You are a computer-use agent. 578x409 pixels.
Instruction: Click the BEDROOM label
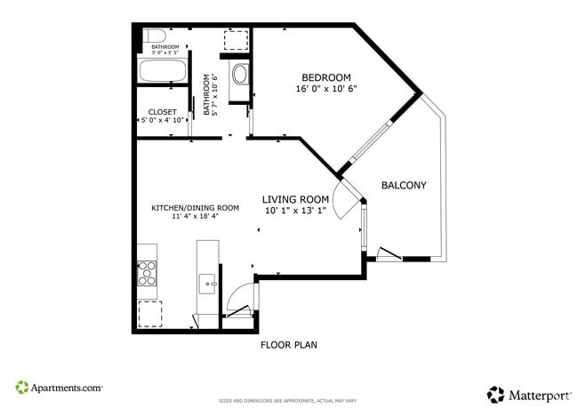pyautogui.click(x=325, y=76)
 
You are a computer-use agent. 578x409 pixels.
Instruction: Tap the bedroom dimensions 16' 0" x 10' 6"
pyautogui.click(x=325, y=89)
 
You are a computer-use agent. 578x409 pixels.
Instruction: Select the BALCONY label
pyautogui.click(x=404, y=186)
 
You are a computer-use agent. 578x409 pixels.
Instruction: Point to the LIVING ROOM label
pyautogui.click(x=295, y=199)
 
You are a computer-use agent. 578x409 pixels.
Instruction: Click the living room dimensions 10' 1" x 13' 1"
pyautogui.click(x=295, y=211)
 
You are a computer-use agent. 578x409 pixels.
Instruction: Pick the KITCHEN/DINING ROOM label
pyautogui.click(x=195, y=207)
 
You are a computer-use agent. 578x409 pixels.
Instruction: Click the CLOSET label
pyautogui.click(x=161, y=111)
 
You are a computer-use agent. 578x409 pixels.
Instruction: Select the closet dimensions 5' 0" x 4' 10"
pyautogui.click(x=161, y=120)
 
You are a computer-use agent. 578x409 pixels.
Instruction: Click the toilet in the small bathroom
pyautogui.click(x=144, y=38)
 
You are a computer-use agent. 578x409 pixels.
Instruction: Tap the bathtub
pyautogui.click(x=163, y=71)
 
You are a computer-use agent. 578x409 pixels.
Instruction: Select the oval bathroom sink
pyautogui.click(x=240, y=75)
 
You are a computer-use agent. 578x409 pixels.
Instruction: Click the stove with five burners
pyautogui.click(x=148, y=272)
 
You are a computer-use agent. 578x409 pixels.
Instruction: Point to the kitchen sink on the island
pyautogui.click(x=207, y=285)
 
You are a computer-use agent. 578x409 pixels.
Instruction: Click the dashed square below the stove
pyautogui.click(x=149, y=314)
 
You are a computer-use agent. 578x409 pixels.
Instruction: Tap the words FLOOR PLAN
pyautogui.click(x=288, y=344)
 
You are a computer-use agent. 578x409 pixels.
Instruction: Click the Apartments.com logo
pyautogui.click(x=59, y=388)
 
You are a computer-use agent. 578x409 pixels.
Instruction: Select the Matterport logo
pyautogui.click(x=526, y=393)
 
